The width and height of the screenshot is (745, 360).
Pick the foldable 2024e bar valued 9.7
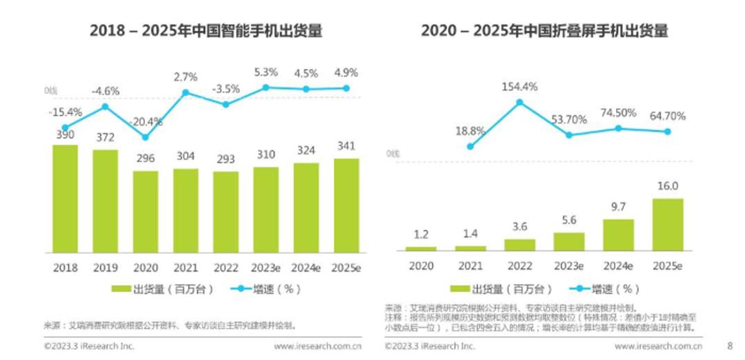coord(618,234)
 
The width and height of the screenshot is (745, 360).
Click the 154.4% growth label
coord(520,87)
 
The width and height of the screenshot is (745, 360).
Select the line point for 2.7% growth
coord(186,92)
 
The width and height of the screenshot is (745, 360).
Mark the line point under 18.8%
coord(470,146)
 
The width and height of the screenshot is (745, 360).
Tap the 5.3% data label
coord(266,71)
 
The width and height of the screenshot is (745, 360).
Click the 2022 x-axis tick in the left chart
coord(226,266)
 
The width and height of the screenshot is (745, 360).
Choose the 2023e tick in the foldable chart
coord(568,267)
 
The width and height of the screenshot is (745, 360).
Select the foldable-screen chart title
coord(544,31)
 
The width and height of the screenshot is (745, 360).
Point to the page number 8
coord(730,346)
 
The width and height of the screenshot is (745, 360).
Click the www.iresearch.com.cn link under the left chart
coord(319,346)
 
